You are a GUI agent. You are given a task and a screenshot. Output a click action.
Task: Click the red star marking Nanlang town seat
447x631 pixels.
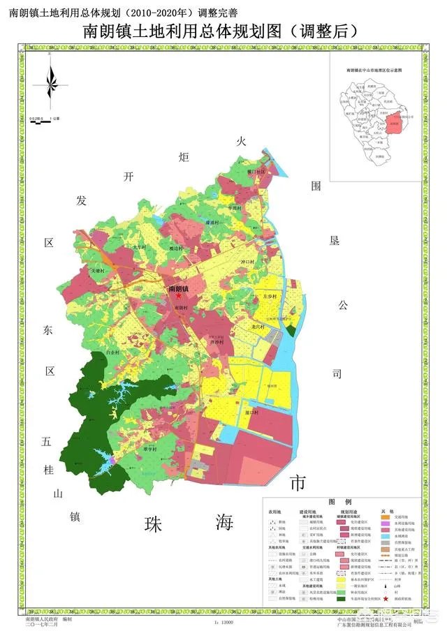pos(178,296)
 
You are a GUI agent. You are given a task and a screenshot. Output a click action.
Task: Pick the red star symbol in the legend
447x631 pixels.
pos(386,598)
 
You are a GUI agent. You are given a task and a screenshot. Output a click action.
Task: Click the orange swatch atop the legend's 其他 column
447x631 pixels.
pos(386,519)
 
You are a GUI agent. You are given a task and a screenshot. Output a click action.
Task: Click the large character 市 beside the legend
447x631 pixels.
pos(298,483)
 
